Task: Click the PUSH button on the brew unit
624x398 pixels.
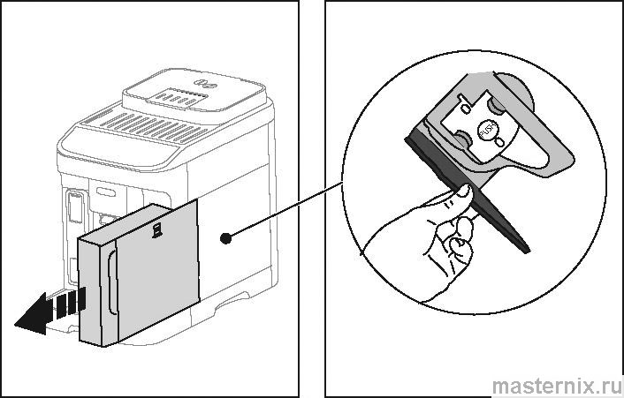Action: [486, 130]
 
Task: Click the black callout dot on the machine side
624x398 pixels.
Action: [225, 238]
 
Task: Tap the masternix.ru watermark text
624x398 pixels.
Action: [556, 386]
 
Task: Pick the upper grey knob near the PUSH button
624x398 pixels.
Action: [496, 105]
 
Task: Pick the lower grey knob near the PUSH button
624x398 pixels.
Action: [461, 137]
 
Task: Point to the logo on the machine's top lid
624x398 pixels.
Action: [204, 83]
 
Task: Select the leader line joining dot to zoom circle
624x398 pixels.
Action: [284, 210]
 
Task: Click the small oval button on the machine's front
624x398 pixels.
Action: [106, 192]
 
